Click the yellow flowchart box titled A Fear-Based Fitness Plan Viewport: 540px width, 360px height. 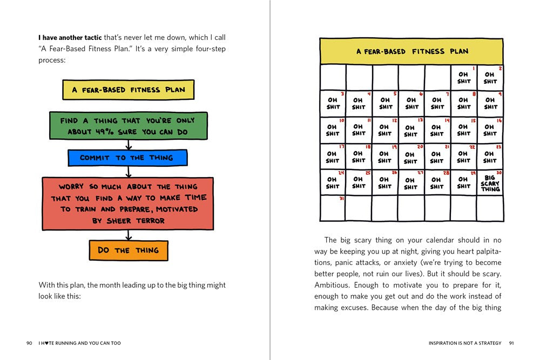point(128,90)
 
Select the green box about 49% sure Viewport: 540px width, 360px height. point(128,126)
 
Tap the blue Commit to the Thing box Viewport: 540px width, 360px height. point(127,158)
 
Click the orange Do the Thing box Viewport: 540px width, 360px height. point(129,250)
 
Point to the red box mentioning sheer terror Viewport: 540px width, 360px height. point(128,203)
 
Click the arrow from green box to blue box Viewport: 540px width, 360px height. point(129,145)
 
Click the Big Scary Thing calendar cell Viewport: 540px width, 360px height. point(490,183)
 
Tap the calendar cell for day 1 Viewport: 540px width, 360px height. point(463,77)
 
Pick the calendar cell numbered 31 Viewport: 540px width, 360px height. point(333,208)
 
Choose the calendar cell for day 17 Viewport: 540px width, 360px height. point(333,157)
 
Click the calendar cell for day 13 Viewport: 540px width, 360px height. point(411,131)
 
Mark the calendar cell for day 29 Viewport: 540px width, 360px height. point(463,182)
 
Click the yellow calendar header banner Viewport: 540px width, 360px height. point(411,52)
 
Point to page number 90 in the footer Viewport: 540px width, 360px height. point(29,343)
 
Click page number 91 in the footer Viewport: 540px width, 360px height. point(511,343)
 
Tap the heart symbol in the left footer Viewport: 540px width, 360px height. point(46,343)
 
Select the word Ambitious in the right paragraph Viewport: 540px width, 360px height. point(332,285)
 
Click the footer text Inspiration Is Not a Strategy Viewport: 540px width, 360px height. point(465,343)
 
